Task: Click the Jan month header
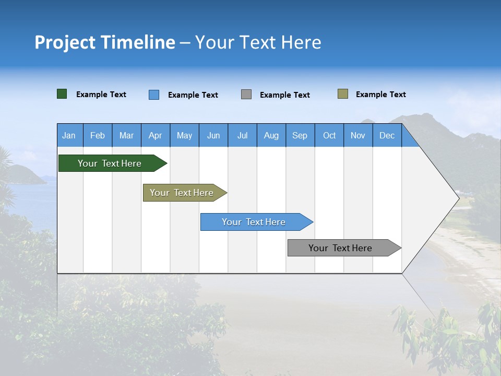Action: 69,136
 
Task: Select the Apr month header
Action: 155,136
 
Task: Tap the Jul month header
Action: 242,136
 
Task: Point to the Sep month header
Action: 300,136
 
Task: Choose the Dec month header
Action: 387,136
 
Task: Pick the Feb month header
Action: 98,136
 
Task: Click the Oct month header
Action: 329,136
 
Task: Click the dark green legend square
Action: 62,94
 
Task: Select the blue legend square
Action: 154,95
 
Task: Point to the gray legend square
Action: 246,95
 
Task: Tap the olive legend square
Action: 343,94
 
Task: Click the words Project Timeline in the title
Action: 105,42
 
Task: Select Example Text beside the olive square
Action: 380,95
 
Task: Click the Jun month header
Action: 213,136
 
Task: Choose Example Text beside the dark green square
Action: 101,95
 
